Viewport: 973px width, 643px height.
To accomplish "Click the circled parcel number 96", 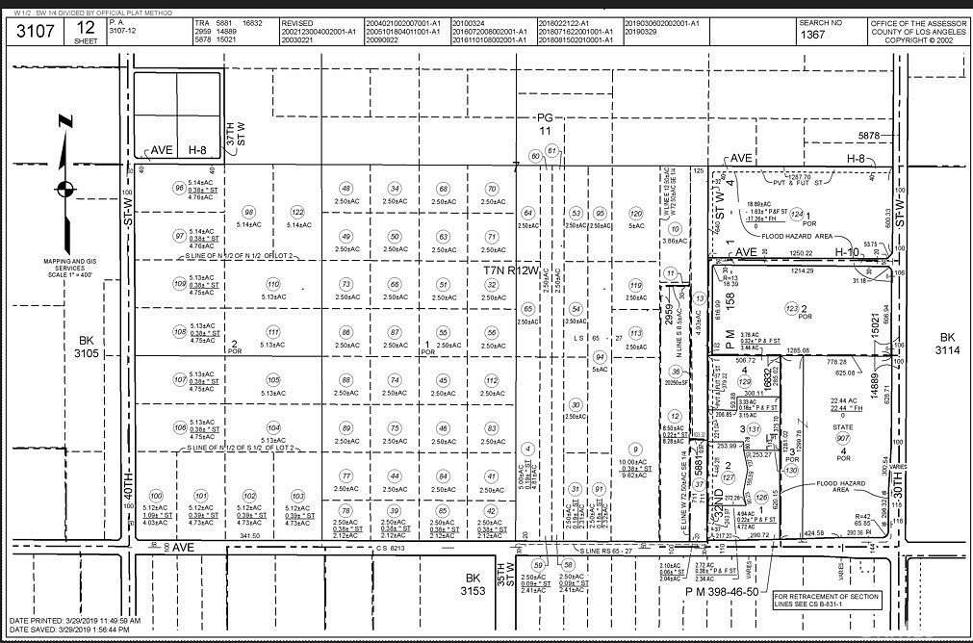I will tap(178, 188).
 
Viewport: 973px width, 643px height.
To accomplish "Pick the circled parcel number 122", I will tap(297, 212).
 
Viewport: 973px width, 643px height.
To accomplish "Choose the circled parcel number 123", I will tap(791, 308).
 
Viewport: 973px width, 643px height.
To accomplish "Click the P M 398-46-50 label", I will tap(722, 592).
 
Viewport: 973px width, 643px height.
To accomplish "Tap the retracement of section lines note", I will tap(827, 600).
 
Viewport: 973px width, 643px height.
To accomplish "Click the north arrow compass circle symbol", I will tap(64, 189).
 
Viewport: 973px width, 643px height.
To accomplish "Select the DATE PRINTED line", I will tap(75, 621).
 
